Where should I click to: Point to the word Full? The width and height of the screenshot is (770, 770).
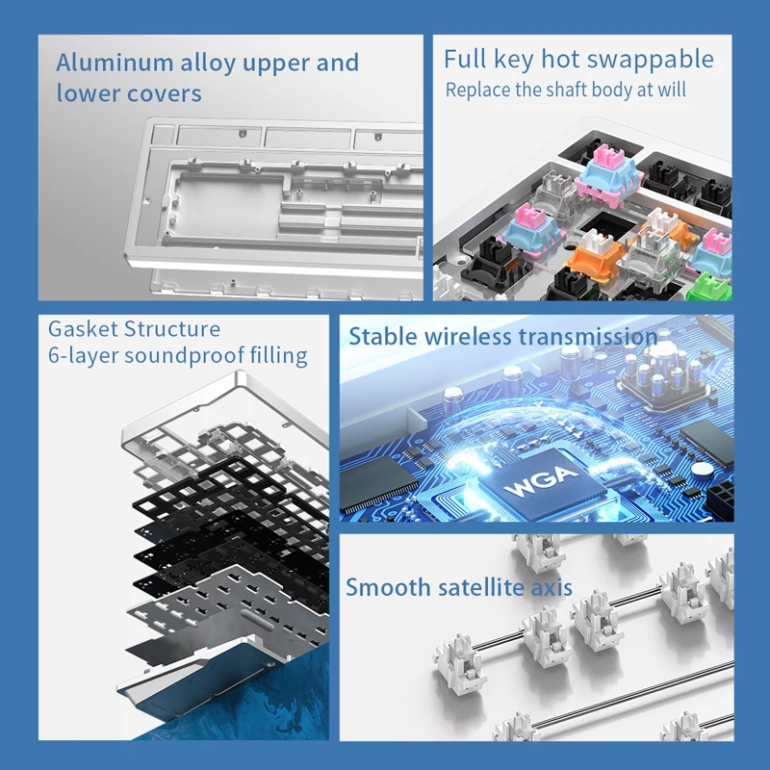(465, 60)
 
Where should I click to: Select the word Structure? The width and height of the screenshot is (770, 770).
(173, 330)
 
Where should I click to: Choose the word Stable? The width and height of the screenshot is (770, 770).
(381, 337)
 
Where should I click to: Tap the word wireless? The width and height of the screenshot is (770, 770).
(465, 337)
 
